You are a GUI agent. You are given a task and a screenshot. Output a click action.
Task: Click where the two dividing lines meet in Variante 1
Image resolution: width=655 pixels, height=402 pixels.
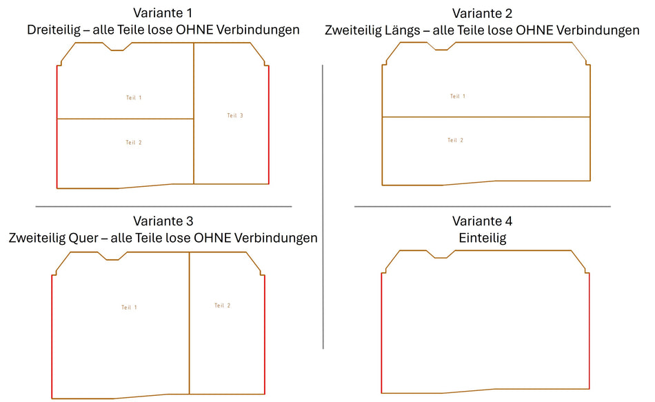click(194, 119)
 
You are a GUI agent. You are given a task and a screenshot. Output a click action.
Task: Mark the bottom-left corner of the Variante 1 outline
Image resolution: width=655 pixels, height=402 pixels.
click(57, 188)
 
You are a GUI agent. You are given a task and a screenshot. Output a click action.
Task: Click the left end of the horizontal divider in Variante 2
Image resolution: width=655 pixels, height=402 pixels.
click(382, 117)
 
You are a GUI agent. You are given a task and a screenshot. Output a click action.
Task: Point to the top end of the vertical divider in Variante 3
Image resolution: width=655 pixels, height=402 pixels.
click(189, 252)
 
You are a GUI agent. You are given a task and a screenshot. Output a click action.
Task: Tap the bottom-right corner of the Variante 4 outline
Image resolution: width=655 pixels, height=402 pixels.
click(589, 389)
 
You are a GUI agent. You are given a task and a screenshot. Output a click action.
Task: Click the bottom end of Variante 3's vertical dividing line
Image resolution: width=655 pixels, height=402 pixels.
click(189, 394)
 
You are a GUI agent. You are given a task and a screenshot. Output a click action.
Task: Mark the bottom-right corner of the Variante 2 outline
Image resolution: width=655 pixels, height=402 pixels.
click(589, 181)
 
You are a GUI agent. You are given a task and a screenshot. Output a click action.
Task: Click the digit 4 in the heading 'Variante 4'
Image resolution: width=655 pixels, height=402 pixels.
click(508, 221)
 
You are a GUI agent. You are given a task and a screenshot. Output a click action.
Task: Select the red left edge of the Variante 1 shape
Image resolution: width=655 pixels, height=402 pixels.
click(57, 127)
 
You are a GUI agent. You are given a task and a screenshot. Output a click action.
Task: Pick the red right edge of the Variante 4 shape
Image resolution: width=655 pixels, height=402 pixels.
click(589, 332)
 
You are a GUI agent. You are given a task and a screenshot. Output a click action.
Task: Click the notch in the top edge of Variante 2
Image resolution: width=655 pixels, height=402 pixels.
click(441, 47)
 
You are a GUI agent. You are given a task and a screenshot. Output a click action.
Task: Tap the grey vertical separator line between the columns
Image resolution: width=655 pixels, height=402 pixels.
click(323, 207)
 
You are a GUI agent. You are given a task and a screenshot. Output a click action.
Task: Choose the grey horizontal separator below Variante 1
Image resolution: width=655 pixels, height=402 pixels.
click(164, 206)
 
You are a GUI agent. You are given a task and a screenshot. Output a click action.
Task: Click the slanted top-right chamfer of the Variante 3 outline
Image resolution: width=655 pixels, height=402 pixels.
click(253, 263)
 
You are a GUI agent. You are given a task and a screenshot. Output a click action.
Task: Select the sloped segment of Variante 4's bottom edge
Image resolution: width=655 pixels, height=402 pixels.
click(469, 391)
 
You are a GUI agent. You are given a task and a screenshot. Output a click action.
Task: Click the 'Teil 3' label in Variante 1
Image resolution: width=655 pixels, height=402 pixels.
click(234, 115)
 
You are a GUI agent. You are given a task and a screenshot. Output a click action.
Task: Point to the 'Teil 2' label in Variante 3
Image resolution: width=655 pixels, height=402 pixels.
click(222, 305)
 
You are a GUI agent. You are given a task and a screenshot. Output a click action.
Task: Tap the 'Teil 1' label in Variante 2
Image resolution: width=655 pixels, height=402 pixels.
click(457, 96)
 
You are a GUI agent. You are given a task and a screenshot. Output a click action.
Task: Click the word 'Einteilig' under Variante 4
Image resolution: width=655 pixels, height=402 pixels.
click(483, 238)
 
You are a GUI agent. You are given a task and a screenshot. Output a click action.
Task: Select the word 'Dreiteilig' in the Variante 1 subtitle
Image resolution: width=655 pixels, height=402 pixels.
click(54, 30)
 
